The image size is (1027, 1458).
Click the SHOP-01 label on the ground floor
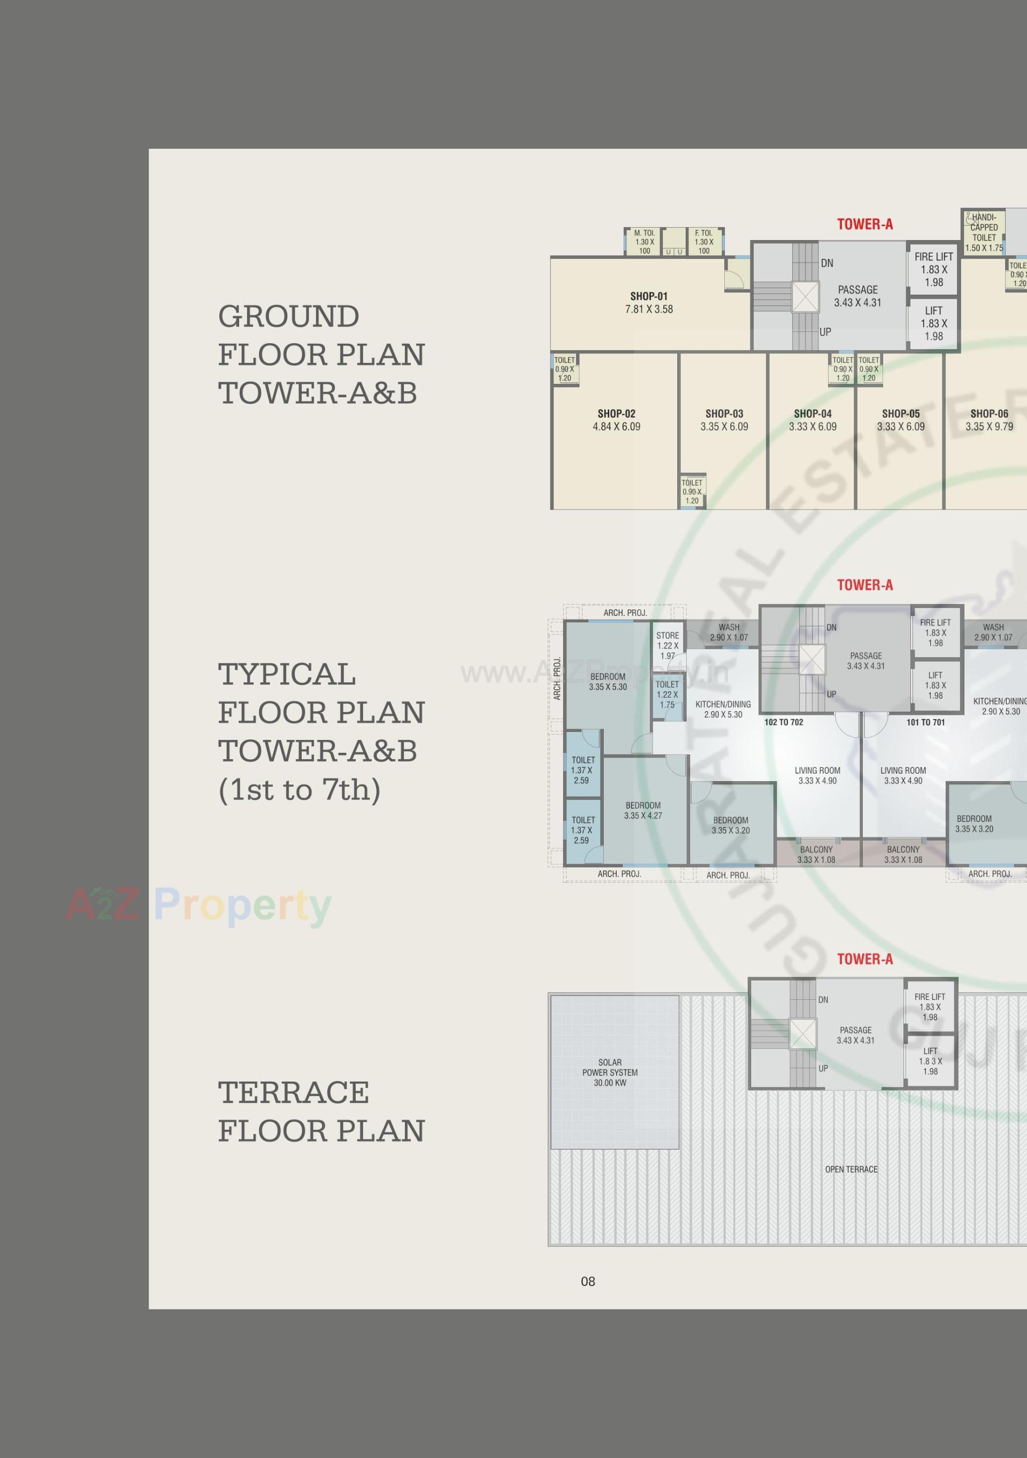(x=648, y=297)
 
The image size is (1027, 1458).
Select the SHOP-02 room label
(x=616, y=414)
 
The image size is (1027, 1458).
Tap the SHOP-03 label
(x=724, y=414)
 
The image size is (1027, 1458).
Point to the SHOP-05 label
(x=901, y=414)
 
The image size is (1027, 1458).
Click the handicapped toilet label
(x=984, y=233)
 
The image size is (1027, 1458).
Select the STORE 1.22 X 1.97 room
(x=668, y=645)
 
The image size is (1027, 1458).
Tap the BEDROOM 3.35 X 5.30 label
(x=608, y=681)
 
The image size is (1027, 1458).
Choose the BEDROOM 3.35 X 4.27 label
(x=643, y=811)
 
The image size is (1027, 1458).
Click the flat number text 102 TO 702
(x=784, y=722)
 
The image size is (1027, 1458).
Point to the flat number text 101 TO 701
(x=925, y=722)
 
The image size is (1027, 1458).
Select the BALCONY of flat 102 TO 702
(x=816, y=854)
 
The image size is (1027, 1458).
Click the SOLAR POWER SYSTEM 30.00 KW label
(x=610, y=1073)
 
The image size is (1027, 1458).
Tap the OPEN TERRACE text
(x=851, y=1169)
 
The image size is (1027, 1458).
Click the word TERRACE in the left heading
(x=294, y=1092)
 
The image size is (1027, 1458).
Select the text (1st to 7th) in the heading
(x=299, y=789)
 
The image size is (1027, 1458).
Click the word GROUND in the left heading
(x=289, y=316)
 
